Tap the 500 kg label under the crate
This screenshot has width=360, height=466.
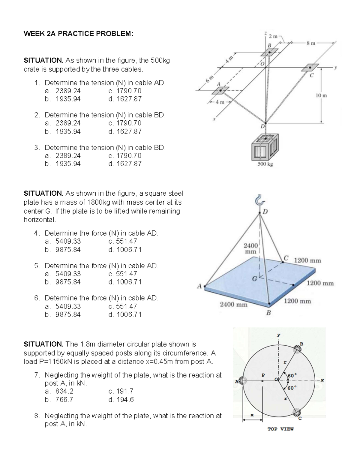pos(265,164)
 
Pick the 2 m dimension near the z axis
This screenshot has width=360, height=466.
pos(273,37)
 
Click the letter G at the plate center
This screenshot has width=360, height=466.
pos(254,278)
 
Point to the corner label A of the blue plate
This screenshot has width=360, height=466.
pos(199,286)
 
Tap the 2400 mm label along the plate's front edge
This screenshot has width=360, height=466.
pos(234,305)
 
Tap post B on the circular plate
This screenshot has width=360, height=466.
pos(298,349)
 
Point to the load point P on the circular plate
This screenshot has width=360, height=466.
pos(262,381)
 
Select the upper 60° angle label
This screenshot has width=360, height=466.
pos(292,376)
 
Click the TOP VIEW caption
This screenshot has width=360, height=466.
pos(280,429)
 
